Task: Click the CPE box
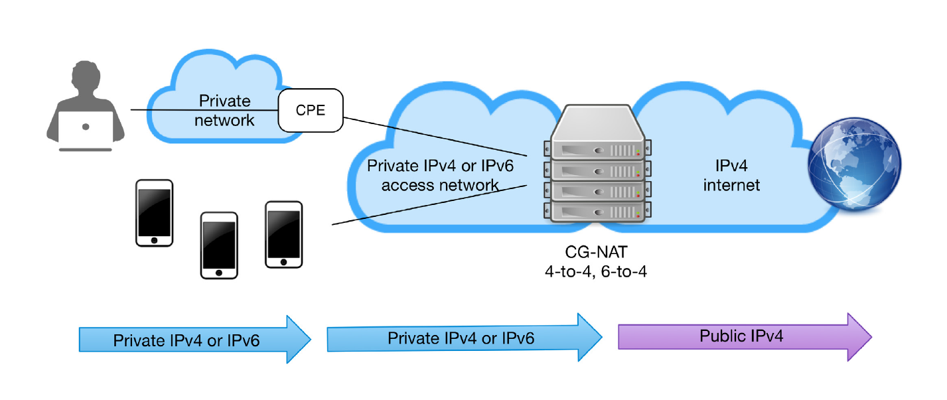pyautogui.click(x=310, y=111)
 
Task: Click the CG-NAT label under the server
pyautogui.click(x=594, y=253)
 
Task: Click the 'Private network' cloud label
pyautogui.click(x=226, y=110)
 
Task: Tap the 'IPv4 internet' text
pyautogui.click(x=731, y=175)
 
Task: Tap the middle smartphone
pyautogui.click(x=219, y=245)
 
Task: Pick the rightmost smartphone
pyautogui.click(x=284, y=233)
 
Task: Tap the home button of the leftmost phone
pyautogui.click(x=154, y=240)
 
